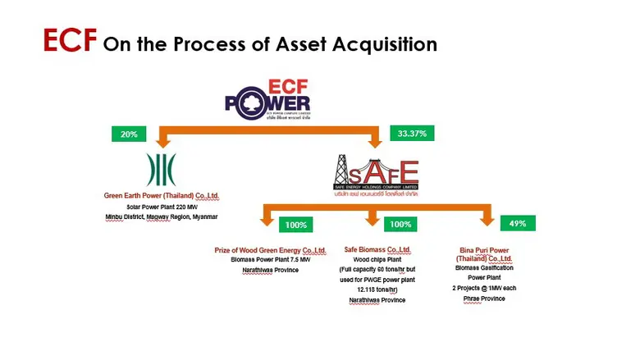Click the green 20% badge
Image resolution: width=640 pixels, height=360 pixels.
[x=129, y=134]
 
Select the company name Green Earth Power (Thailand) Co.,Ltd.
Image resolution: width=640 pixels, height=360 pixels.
[x=161, y=197]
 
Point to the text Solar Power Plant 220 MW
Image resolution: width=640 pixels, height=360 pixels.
[x=161, y=207]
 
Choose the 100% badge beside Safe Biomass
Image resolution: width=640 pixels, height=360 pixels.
[x=400, y=224]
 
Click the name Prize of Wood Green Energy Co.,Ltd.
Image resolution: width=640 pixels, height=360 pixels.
[x=263, y=249]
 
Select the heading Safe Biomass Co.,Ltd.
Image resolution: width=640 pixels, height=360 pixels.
[x=377, y=249]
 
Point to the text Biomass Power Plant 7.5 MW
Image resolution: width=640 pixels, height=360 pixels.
[x=263, y=259]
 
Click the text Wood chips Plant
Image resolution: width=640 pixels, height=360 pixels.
[x=377, y=259]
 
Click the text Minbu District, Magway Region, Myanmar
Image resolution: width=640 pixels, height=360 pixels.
[x=161, y=216]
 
